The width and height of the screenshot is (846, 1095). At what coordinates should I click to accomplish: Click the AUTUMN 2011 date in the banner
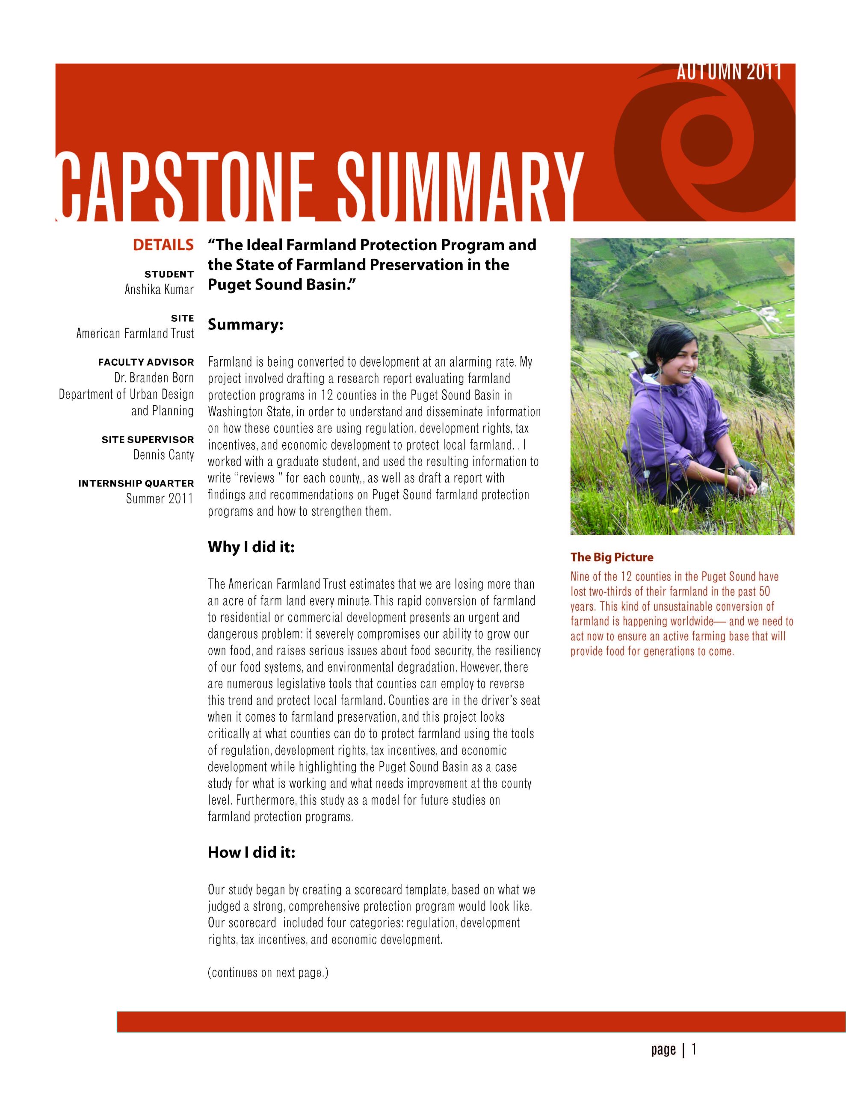tap(729, 73)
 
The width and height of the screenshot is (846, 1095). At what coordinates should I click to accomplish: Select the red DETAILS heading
tap(163, 245)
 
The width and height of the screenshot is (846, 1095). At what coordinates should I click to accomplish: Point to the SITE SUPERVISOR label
tap(148, 440)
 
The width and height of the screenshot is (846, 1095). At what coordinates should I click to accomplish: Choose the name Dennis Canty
tap(163, 455)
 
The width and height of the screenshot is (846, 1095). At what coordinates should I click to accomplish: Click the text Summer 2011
tap(160, 499)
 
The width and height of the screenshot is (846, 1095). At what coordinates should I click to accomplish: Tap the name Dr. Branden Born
tap(154, 378)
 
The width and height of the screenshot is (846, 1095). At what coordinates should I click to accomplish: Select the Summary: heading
tap(246, 325)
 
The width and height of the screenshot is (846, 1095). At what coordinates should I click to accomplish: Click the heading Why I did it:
tap(251, 547)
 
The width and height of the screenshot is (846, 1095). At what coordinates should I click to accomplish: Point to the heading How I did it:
tap(251, 853)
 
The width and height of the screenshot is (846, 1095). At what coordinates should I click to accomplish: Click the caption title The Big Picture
tap(612, 557)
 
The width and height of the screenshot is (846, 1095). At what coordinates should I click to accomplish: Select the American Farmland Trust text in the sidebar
tap(135, 333)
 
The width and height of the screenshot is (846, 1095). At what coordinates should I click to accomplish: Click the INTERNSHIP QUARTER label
tap(136, 484)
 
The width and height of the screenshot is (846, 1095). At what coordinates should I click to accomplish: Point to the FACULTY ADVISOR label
tap(146, 362)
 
